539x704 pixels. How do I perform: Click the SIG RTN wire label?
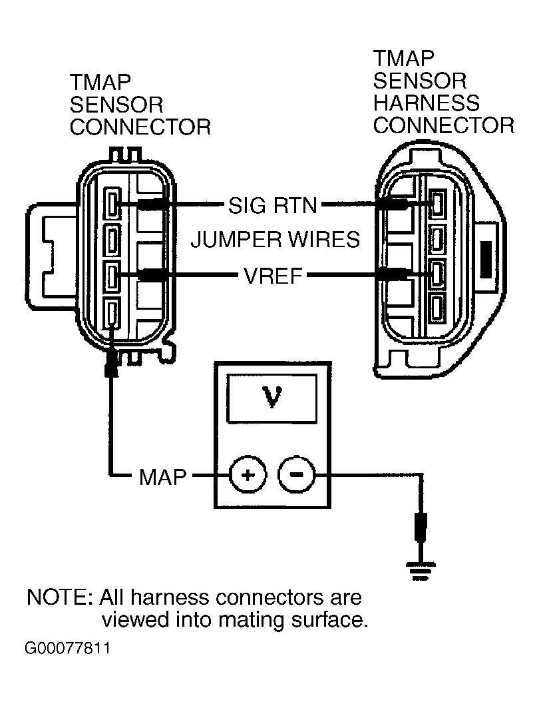(x=273, y=206)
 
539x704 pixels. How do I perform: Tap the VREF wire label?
(x=273, y=275)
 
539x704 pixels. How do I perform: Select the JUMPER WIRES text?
(x=275, y=239)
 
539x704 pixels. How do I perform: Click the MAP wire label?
(x=162, y=477)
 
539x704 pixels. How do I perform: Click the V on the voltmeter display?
(x=271, y=398)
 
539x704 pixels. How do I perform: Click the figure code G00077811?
(x=67, y=648)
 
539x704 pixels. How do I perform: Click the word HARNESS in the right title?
(x=427, y=103)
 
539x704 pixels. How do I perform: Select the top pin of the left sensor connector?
(x=112, y=204)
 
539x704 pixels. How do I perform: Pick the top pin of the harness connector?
(x=437, y=204)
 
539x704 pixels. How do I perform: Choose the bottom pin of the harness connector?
(x=437, y=309)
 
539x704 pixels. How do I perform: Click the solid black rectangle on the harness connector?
(x=486, y=260)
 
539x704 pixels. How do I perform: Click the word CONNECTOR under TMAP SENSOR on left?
(x=140, y=127)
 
